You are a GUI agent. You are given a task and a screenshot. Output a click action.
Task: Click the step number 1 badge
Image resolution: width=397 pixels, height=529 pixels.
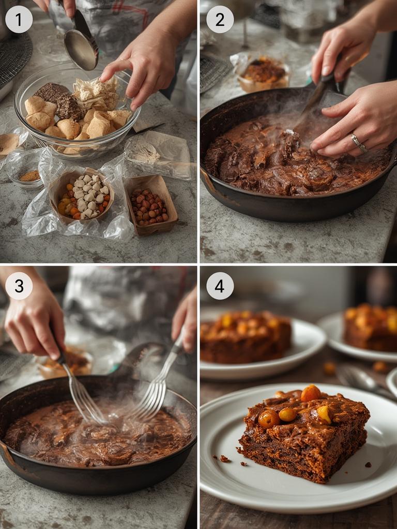click(x=19, y=20)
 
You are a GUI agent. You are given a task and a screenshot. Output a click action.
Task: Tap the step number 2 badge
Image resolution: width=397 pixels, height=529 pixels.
click(x=220, y=20)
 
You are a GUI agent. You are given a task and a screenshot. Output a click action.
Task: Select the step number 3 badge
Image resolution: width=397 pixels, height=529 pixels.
click(x=19, y=286)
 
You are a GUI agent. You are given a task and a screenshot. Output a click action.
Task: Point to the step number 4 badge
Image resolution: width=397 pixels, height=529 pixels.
click(x=220, y=286)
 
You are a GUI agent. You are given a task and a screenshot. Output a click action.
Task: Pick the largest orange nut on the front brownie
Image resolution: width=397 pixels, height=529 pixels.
click(x=311, y=393)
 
